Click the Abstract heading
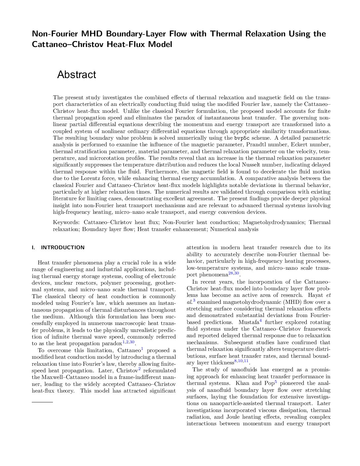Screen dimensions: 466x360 pyautogui.click(x=76, y=75)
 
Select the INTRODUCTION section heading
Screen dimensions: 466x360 pyautogui.click(x=63, y=248)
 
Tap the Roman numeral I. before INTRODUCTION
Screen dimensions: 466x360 pyautogui.click(x=33, y=248)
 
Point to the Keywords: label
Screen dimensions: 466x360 pyautogui.click(x=66, y=222)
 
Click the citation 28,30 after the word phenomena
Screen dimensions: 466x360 pyautogui.click(x=233, y=273)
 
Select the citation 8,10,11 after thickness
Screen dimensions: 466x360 pyautogui.click(x=241, y=361)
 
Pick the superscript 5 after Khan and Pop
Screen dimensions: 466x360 pyautogui.click(x=276, y=382)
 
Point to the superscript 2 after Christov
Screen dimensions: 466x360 pyautogui.click(x=139, y=369)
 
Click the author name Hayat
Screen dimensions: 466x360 pyautogui.click(x=315, y=295)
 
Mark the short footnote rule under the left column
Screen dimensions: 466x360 pyautogui.click(x=42, y=402)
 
